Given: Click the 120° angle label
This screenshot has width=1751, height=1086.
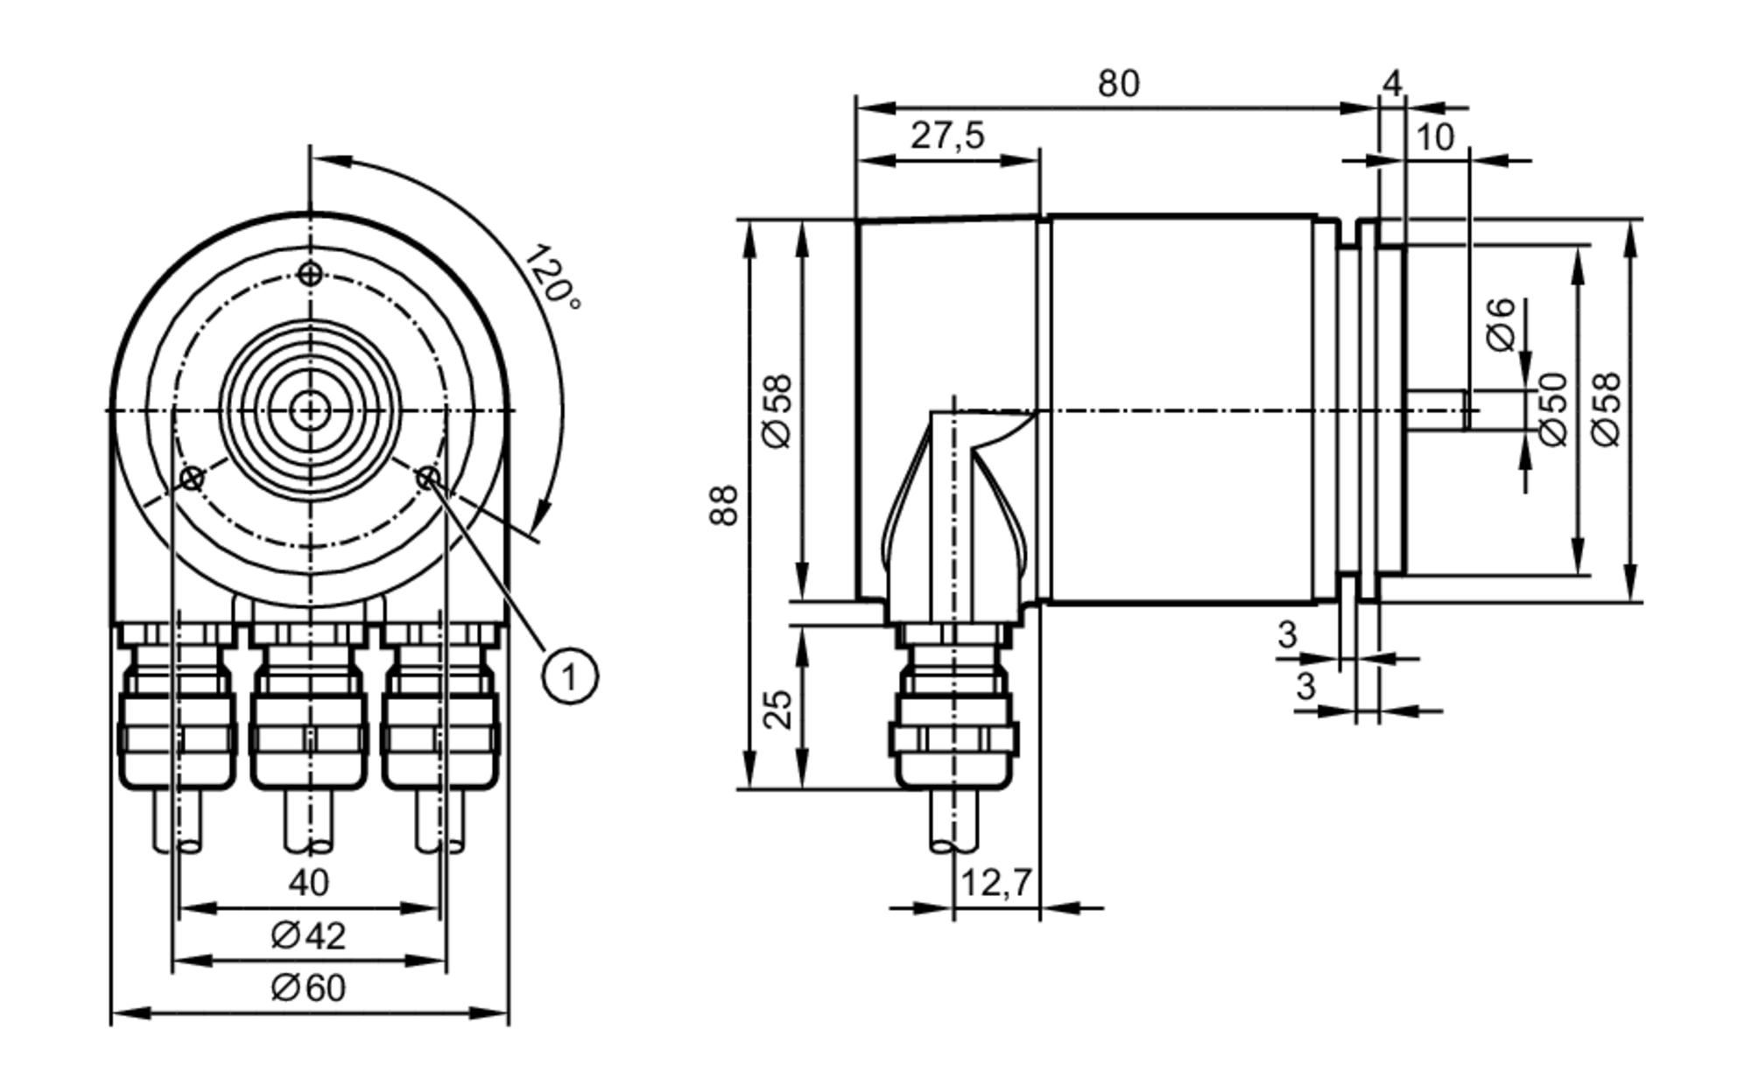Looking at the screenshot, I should coord(552,277).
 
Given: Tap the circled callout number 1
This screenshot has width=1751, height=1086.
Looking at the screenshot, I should coord(570,676).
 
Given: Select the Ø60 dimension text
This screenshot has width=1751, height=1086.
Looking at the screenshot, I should coord(309,988).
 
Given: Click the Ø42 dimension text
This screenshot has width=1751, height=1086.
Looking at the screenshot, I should coord(309,935).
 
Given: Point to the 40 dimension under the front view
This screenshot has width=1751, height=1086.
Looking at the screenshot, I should coord(309,883).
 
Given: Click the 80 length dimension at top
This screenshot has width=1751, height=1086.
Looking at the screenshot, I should coord(1119,84).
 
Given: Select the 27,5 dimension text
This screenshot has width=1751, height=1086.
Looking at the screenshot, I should coord(947,136).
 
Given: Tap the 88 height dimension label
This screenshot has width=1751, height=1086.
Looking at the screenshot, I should coord(725,505).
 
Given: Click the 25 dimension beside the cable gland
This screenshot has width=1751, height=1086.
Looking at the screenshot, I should coord(777,709).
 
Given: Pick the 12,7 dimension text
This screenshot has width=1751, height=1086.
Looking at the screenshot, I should coord(996,883).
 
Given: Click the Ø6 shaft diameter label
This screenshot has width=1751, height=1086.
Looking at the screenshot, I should coord(1501,325).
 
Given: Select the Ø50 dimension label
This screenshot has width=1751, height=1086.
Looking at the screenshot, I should coord(1552,409).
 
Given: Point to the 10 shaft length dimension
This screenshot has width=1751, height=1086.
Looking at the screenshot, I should coord(1435,137).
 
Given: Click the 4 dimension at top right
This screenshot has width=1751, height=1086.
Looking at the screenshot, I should coord(1392,83).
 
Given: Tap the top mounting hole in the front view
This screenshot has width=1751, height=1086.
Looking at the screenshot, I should coord(309,274).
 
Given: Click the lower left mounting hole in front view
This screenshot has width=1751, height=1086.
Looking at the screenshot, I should coord(192,479).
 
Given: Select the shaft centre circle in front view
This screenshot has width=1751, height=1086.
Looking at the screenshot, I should coord(309,410).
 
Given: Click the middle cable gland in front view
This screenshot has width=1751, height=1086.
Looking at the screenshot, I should coord(309,718).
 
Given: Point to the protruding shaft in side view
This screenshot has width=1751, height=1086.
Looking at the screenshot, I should coord(1436,410).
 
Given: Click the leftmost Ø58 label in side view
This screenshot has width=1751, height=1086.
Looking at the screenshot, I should coord(777,410).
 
